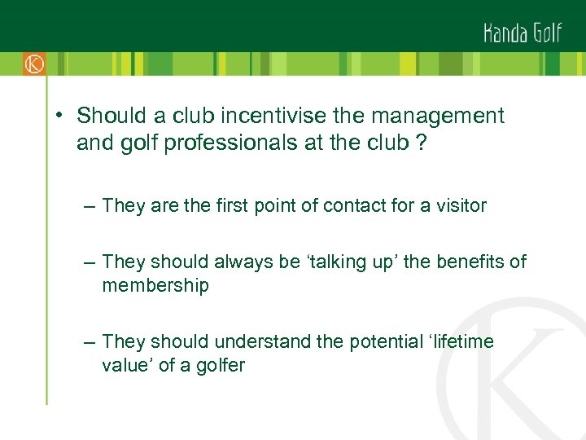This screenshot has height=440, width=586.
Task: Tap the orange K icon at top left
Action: (x=33, y=64)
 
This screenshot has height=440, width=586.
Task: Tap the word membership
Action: (x=155, y=285)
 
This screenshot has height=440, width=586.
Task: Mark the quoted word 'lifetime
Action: (x=461, y=341)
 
